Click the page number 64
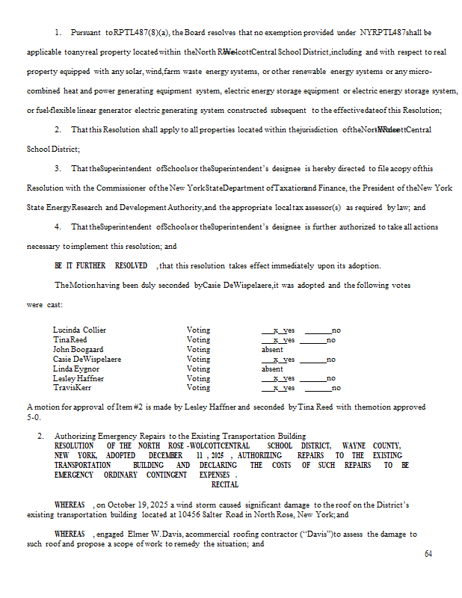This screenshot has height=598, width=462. (x=428, y=553)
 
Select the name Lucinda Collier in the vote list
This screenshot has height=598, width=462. (x=79, y=330)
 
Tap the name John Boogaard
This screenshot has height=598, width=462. (x=78, y=349)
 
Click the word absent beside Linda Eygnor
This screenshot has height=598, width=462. (x=272, y=369)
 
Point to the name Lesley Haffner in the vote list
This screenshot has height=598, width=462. (x=78, y=378)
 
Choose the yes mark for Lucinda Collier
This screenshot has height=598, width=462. (x=278, y=330)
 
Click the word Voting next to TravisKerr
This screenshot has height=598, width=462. (x=198, y=388)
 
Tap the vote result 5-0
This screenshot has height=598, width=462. (x=34, y=417)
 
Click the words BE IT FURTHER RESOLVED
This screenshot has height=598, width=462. (x=101, y=265)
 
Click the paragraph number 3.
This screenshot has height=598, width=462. (x=58, y=169)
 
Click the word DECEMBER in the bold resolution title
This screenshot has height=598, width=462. (x=164, y=455)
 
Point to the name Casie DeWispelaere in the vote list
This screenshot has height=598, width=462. (x=87, y=359)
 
